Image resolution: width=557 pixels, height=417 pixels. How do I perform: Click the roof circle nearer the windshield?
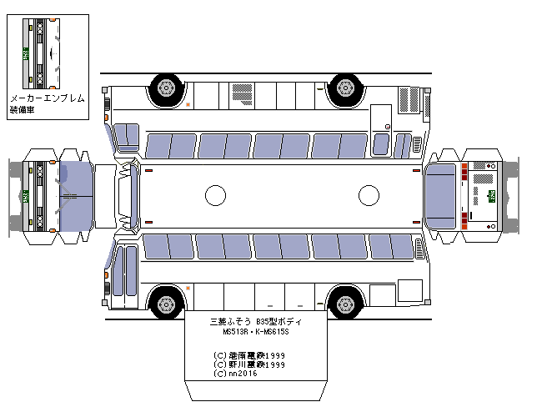coord(215,196)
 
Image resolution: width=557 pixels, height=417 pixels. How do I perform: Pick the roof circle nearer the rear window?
coord(369,196)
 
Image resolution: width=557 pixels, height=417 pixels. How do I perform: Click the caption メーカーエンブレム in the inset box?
coord(47,98)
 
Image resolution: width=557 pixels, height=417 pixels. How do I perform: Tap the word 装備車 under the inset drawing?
coord(22,110)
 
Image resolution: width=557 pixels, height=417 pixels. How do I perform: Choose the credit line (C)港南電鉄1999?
coord(250,354)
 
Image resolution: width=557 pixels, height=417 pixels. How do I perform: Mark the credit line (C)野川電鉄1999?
coord(250,364)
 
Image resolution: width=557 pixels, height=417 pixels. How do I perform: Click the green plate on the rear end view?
coord(491,197)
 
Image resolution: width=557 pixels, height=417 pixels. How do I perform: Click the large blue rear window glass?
coord(442,196)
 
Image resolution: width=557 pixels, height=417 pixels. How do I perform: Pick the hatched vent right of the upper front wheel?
coord(243,88)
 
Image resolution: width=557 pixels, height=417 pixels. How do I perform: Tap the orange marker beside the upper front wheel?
coord(187,104)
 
